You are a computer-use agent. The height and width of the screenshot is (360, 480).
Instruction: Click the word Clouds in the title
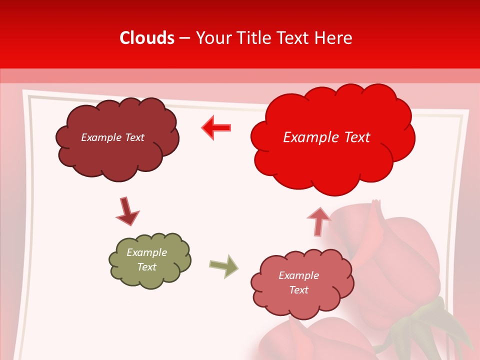[x=147, y=38]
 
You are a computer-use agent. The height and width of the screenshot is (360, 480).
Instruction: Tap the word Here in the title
[x=333, y=38]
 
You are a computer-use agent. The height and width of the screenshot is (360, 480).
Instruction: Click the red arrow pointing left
[x=216, y=127]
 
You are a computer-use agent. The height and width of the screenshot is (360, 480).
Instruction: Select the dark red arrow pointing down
[x=127, y=212]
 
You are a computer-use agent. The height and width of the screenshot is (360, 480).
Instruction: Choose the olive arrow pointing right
[x=224, y=266]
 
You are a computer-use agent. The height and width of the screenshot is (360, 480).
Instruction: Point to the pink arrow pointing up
[x=318, y=221]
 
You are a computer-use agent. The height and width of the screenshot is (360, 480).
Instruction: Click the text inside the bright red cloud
[x=326, y=137]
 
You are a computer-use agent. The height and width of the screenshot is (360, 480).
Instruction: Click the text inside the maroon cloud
[x=112, y=137]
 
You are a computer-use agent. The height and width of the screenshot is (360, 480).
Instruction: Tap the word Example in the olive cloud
[x=146, y=252]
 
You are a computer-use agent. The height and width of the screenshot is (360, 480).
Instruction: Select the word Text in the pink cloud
[x=298, y=290]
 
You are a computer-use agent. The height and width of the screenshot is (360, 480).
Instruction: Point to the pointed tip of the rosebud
[x=376, y=202]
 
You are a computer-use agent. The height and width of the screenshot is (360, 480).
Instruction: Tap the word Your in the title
[x=212, y=38]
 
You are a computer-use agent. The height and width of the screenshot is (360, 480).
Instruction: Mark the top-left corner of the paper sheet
[x=24, y=91]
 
